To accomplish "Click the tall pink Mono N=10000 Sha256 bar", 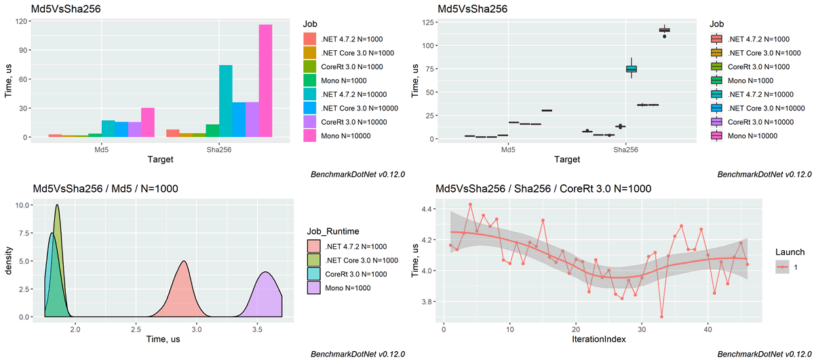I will (265, 81).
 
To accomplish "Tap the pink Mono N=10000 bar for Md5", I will (147, 123).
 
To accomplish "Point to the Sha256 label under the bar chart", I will (219, 151).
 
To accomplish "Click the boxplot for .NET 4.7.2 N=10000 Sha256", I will (631, 68).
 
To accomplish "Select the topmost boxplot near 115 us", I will (664, 30).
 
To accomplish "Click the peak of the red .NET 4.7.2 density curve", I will (182, 262).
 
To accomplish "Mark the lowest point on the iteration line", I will (661, 316).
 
